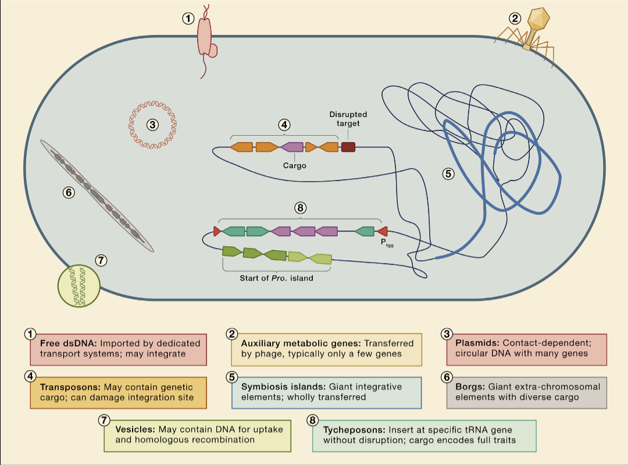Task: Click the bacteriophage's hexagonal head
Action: click(x=539, y=20)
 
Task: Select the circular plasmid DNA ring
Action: click(x=152, y=124)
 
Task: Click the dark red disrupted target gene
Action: click(x=348, y=147)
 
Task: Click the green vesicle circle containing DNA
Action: click(x=79, y=285)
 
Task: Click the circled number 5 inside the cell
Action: click(x=447, y=173)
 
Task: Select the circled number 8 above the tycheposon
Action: click(x=300, y=207)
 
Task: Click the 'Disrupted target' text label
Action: click(x=348, y=119)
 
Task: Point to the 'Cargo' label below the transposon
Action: click(x=294, y=165)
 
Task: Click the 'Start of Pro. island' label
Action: click(x=276, y=278)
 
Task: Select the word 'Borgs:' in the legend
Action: click(x=470, y=386)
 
